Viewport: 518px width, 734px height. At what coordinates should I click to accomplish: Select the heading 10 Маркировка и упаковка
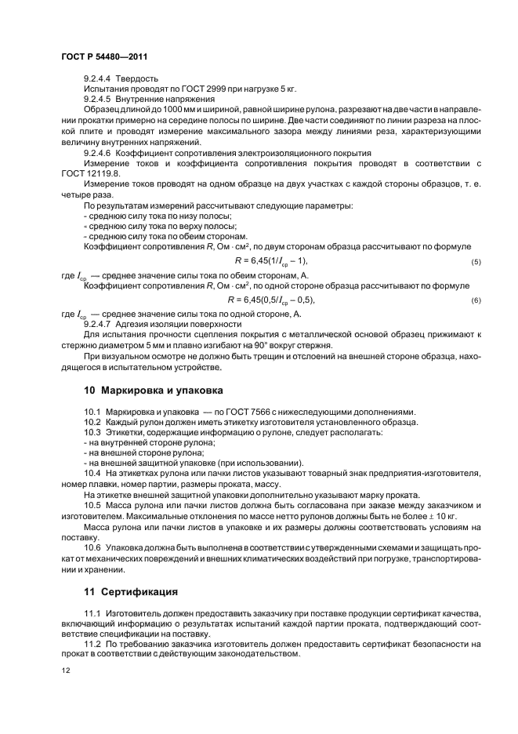coord(154,390)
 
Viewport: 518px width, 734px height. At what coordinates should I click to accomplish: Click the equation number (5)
coord(476,261)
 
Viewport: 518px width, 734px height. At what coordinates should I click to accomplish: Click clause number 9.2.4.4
coord(99,78)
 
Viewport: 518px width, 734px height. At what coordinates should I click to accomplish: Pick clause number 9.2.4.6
coord(99,153)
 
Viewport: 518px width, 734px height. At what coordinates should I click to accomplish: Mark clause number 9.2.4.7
coord(99,323)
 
